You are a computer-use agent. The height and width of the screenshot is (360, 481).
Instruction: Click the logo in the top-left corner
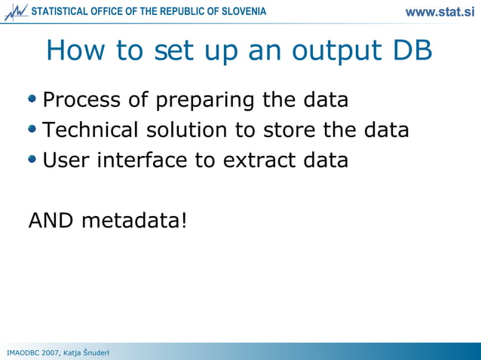coord(15,12)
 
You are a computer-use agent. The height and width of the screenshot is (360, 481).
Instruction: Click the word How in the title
coord(73,50)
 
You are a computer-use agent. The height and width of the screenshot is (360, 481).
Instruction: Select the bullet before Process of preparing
coord(32,99)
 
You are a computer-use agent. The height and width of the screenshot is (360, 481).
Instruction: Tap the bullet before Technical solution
coord(32,129)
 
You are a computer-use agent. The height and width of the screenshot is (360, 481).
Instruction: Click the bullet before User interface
coord(32,159)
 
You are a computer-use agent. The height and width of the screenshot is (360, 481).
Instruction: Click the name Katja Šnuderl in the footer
coord(87,352)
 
